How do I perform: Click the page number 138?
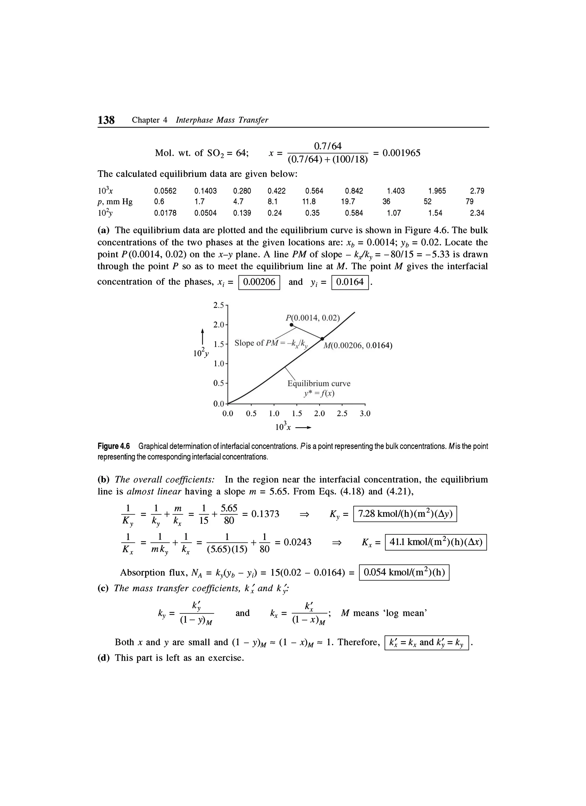[106, 120]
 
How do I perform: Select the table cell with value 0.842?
[354, 191]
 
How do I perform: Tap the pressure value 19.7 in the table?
[348, 201]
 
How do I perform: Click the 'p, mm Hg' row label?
[115, 202]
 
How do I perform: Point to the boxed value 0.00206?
[259, 282]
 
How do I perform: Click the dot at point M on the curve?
[322, 339]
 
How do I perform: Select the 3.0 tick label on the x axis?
[365, 414]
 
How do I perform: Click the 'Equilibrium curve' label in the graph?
[319, 384]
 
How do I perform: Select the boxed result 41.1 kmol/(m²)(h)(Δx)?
[436, 542]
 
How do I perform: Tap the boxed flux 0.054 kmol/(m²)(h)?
[404, 573]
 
